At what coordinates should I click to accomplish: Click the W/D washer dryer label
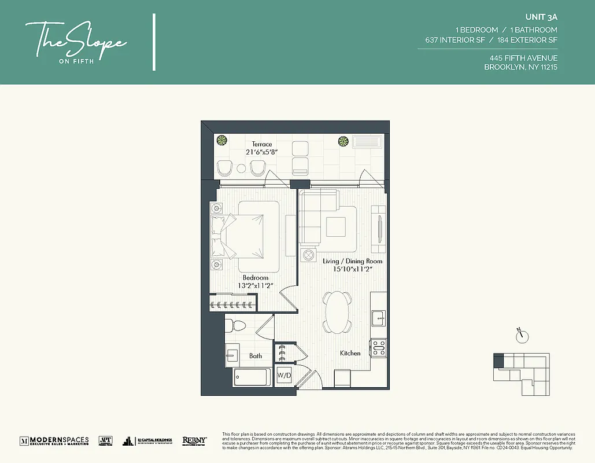283,375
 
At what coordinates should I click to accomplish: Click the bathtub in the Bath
252,377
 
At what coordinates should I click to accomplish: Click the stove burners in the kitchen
378,347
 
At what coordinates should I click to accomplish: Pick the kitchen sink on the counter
379,317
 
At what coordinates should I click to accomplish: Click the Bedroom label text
255,278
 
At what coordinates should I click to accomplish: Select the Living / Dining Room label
352,261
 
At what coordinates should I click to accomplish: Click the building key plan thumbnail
521,374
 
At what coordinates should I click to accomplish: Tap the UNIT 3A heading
544,18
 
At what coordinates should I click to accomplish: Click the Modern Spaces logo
54,441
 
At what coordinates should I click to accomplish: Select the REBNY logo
194,441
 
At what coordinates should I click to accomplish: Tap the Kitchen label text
350,353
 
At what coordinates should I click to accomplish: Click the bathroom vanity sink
232,355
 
